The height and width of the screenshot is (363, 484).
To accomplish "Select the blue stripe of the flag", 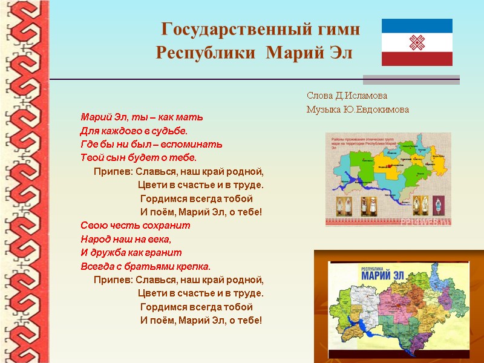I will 417,25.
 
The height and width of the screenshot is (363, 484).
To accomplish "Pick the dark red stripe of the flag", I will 417,58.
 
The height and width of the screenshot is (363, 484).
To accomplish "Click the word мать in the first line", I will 191,116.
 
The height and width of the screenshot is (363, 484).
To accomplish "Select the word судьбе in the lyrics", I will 172,130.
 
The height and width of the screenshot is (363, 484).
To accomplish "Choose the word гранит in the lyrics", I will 167,252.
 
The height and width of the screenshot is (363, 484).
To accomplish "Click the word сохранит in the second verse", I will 169,225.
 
